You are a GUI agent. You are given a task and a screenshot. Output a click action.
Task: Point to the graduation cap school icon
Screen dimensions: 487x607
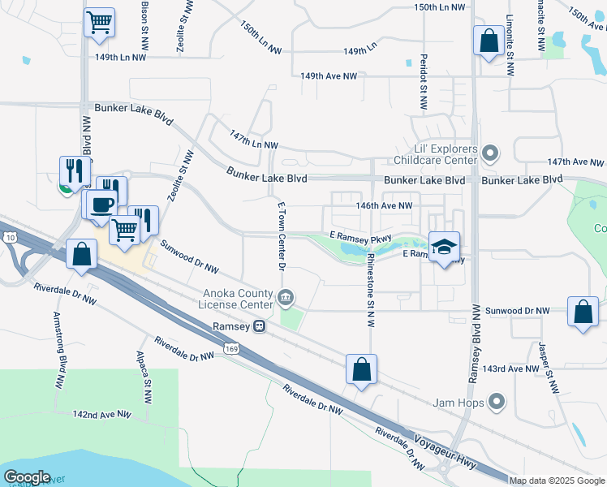coord(444,248)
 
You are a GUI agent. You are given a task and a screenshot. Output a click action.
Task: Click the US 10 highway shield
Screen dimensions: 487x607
coord(7,237)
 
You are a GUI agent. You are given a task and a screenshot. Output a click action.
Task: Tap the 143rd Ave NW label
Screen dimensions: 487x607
coord(510,368)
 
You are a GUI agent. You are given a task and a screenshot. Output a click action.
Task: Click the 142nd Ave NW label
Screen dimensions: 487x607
coord(102,414)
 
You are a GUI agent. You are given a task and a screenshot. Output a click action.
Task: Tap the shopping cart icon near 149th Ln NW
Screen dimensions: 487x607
coord(100,22)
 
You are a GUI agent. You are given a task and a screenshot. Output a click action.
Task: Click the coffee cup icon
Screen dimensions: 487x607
coord(101,205)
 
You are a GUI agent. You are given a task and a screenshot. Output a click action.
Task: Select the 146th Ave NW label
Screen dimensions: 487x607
coord(384,206)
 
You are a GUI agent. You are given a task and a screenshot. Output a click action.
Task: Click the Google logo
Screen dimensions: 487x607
coord(27,477)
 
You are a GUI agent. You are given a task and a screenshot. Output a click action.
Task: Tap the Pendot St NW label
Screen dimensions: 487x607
coord(423,82)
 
